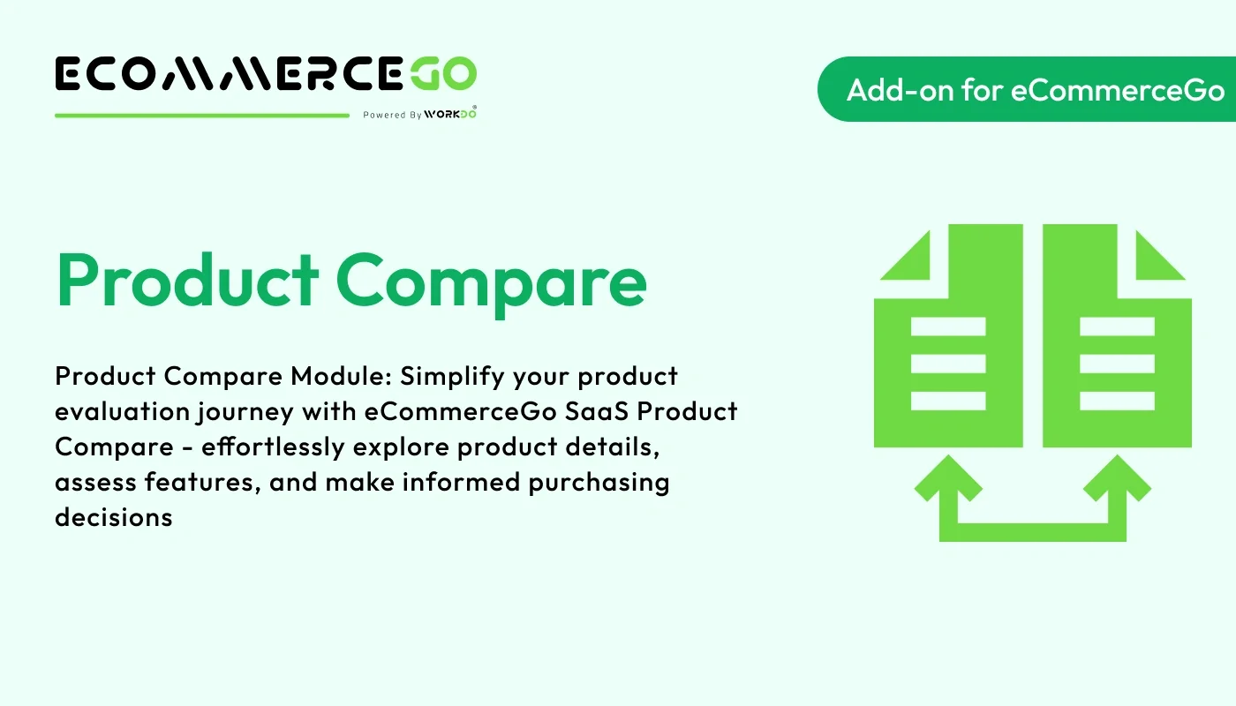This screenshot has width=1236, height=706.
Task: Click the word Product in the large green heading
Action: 186,281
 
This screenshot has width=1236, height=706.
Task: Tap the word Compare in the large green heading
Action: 491,281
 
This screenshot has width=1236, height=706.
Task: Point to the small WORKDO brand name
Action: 449,114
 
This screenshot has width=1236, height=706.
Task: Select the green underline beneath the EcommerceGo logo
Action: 202,115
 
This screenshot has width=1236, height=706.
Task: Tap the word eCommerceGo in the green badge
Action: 1118,89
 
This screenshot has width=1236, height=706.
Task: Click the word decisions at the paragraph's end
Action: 113,517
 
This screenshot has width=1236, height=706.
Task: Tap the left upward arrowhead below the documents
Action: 948,481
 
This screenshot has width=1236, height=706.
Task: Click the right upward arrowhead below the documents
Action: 1117,481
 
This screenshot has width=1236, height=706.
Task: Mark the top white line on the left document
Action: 948,327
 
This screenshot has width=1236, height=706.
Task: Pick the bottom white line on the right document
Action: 1117,402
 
